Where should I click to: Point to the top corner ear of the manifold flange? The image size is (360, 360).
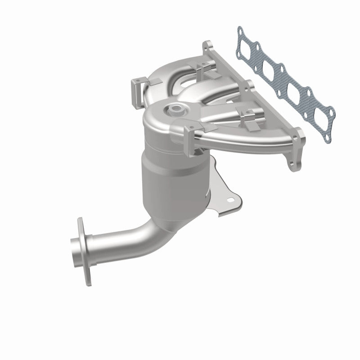coord(208,46)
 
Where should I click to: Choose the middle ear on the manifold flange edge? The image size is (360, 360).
coord(248,86)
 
